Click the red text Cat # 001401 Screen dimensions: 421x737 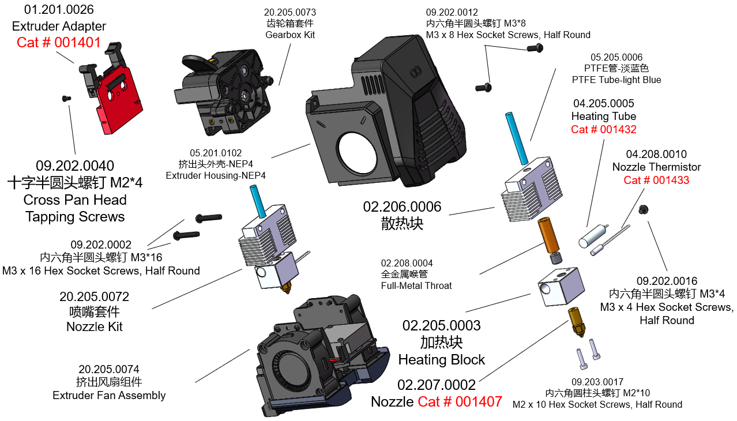click(x=59, y=42)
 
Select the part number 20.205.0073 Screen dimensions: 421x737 click(x=290, y=12)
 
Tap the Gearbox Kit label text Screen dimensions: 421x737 click(x=290, y=35)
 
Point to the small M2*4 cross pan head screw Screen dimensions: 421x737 click(x=66, y=99)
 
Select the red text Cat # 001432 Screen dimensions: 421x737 click(x=604, y=129)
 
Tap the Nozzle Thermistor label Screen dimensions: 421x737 click(x=656, y=167)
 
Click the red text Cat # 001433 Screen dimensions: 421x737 click(x=656, y=180)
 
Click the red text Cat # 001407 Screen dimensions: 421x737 click(x=460, y=401)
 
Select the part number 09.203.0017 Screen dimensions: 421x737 click(x=597, y=382)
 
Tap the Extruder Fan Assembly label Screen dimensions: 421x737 click(x=109, y=396)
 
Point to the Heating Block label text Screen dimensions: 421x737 click(x=442, y=360)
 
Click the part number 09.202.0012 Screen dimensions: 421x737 click(x=452, y=12)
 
